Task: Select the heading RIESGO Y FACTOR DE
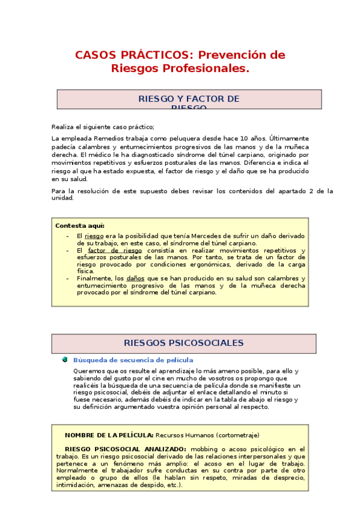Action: point(189,98)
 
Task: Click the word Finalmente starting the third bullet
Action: point(95,278)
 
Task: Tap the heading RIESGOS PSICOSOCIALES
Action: point(183,343)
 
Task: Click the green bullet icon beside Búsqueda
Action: point(65,360)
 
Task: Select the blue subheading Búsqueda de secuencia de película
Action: point(125,360)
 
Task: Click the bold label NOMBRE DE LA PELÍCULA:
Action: point(109,435)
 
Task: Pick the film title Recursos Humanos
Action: point(183,435)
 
